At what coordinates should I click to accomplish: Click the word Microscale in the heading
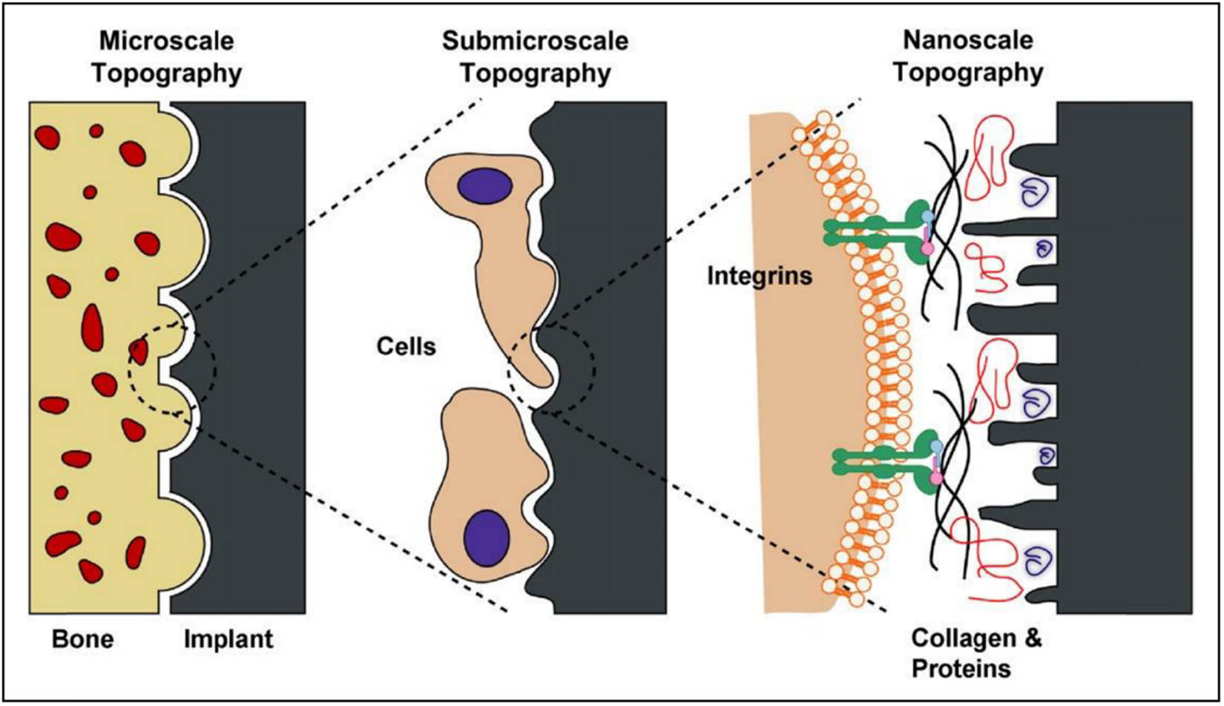166,40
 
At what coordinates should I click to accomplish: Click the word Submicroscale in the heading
535,40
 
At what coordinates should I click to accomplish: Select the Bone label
82,639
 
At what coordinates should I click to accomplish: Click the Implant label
228,639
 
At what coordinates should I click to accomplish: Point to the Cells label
406,346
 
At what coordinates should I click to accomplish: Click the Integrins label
760,277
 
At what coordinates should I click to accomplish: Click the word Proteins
961,669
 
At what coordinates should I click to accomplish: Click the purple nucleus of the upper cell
484,186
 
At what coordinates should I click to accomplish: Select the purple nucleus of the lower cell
487,537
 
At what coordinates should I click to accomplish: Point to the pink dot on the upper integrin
927,249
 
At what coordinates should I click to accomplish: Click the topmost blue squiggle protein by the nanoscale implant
1034,195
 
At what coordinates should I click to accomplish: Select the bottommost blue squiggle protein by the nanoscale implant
1036,561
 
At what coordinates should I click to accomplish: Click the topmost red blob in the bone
96,131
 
